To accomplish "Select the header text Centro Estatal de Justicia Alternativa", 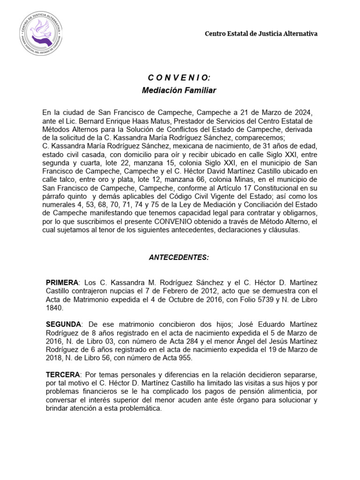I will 262,34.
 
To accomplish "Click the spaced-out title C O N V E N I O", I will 179,78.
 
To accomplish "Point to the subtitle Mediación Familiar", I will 179,90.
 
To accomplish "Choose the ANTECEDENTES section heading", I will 179,257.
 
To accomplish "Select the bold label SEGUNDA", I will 63,324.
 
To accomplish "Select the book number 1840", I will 54,307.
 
